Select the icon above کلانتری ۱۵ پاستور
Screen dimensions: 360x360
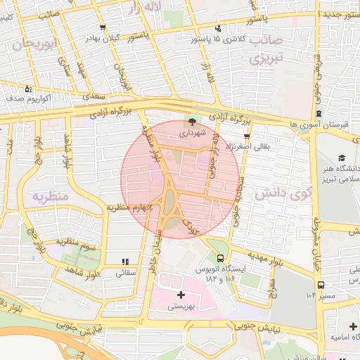pos(218,29)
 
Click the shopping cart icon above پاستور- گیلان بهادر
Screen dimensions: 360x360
pos(103,28)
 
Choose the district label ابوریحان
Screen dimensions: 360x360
pos(33,44)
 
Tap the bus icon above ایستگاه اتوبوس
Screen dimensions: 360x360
pos(221,258)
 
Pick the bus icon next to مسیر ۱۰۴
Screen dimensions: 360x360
pos(321,285)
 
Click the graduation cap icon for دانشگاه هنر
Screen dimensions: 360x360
pos(342,158)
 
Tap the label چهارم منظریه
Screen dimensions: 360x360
pos(130,207)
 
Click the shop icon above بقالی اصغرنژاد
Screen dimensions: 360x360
pos(247,137)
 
